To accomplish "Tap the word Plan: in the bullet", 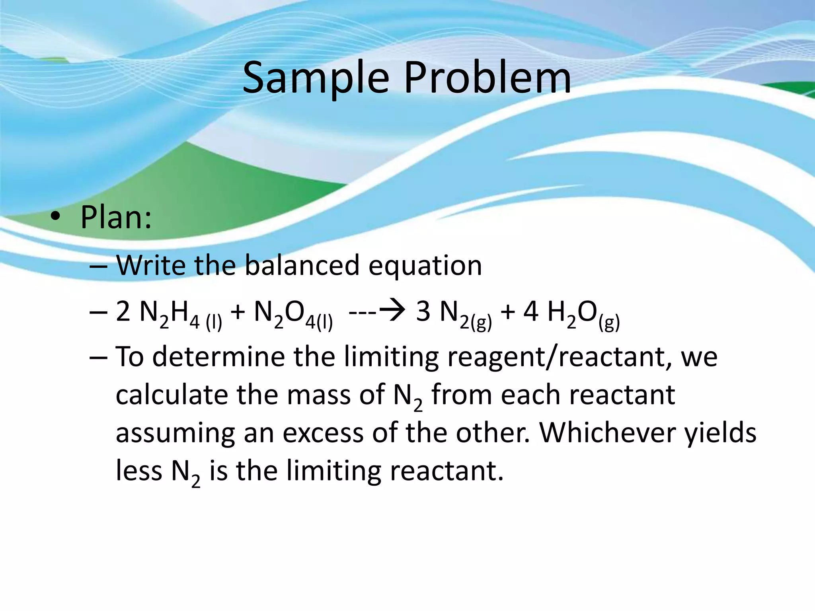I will pyautogui.click(x=116, y=218).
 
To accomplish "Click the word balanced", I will pyautogui.click(x=302, y=265).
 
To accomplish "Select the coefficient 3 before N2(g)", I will pyautogui.click(x=423, y=311).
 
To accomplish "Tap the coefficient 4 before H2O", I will pyautogui.click(x=531, y=311).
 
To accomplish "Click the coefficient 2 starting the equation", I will pyautogui.click(x=123, y=311).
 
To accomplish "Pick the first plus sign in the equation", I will pyautogui.click(x=238, y=311).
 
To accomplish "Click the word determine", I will pyautogui.click(x=218, y=356).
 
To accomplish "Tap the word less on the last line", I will pyautogui.click(x=139, y=471).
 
